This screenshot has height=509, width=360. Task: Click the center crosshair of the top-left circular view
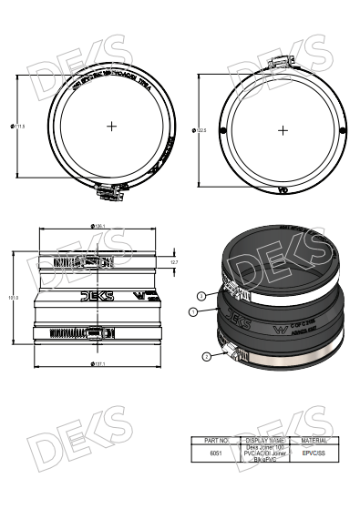tap(111, 126)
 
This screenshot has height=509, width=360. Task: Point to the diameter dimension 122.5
tap(201, 131)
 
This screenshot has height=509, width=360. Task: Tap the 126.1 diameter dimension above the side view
tap(98, 226)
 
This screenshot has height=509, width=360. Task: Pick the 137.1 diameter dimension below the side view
tap(98, 363)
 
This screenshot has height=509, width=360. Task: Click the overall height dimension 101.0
tap(14, 297)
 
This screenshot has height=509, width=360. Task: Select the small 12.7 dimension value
tap(173, 262)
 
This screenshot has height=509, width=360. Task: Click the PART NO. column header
tap(216, 439)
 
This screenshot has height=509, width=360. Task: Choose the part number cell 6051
tap(216, 452)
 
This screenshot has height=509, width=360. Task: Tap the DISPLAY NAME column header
tap(266, 439)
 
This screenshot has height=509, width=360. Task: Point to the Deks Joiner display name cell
tap(266, 453)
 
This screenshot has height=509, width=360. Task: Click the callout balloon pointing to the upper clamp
tap(201, 295)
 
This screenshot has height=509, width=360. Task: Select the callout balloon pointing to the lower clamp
tap(207, 356)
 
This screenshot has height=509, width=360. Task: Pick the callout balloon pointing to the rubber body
tap(193, 311)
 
